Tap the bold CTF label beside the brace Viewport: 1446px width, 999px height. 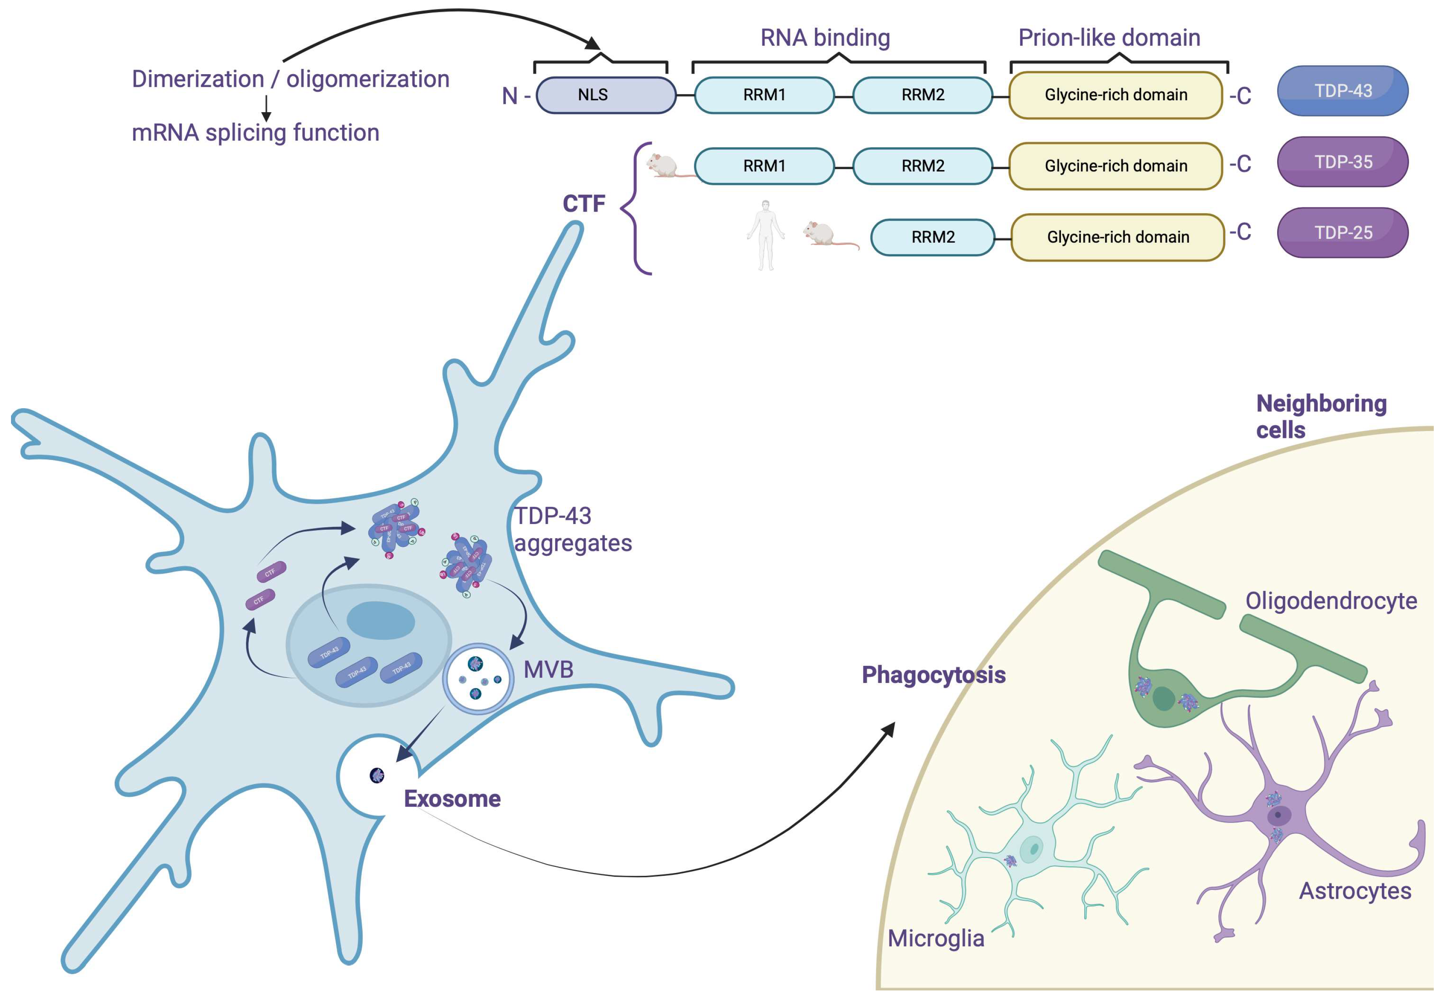583,203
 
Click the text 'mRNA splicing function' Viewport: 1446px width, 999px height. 255,133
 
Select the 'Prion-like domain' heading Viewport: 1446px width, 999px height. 1109,38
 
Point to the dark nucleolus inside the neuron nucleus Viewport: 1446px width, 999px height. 381,620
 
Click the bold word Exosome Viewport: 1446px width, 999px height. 452,799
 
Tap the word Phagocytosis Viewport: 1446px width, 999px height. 933,675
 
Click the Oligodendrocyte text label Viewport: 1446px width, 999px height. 1331,601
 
